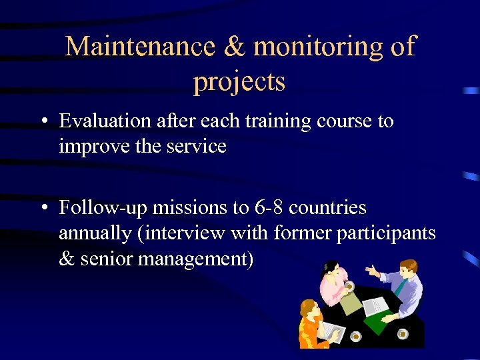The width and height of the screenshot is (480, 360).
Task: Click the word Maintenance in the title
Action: coord(141,47)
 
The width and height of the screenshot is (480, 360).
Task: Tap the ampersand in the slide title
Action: coord(235,47)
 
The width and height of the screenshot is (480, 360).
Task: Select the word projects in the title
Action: coord(239,81)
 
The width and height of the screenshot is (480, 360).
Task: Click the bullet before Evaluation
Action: coord(43,122)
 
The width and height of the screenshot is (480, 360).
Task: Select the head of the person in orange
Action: coord(308,308)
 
